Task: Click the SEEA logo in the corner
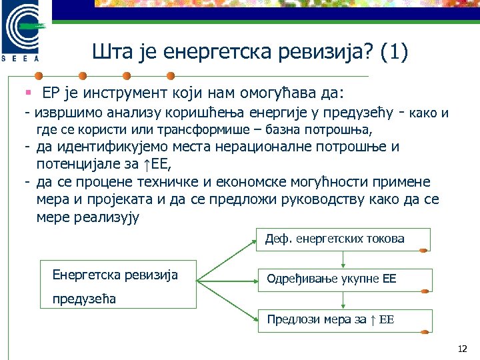(23, 30)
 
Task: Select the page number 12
(463, 349)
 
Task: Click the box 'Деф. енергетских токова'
(343, 239)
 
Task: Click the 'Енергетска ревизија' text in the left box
(115, 275)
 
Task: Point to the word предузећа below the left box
(84, 299)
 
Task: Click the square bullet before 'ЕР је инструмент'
(29, 91)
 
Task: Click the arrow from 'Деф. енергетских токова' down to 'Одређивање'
(343, 259)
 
